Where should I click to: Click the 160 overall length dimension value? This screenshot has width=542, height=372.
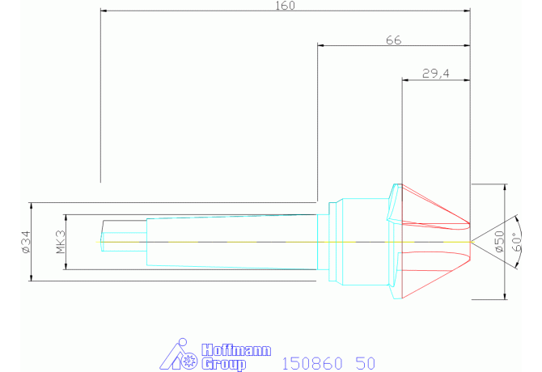pyautogui.click(x=285, y=6)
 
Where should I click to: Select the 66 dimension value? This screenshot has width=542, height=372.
pyautogui.click(x=394, y=40)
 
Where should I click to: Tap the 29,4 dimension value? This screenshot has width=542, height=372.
pyautogui.click(x=435, y=74)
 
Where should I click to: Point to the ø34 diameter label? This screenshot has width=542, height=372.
pyautogui.click(x=26, y=242)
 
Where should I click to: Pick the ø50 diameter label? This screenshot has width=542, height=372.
pyautogui.click(x=499, y=242)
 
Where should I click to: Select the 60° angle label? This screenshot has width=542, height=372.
pyautogui.click(x=515, y=243)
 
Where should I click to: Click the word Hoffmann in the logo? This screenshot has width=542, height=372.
pyautogui.click(x=236, y=350)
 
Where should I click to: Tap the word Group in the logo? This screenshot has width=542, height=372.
pyautogui.click(x=223, y=364)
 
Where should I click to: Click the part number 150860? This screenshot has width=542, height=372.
pyautogui.click(x=312, y=364)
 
